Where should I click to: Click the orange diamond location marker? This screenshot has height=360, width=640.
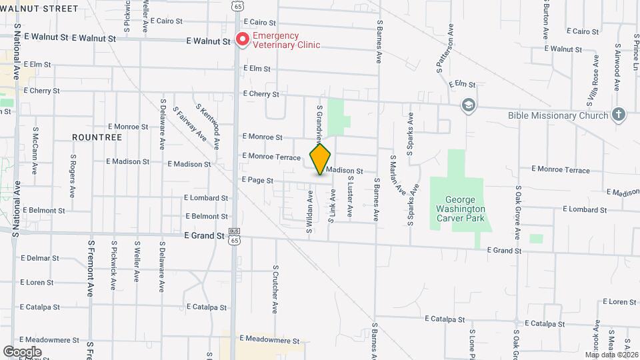(320, 159)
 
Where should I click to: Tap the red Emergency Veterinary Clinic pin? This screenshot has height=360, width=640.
(243, 40)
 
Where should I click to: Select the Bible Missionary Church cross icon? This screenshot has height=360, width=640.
(619, 115)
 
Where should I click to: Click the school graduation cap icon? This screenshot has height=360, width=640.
(469, 105)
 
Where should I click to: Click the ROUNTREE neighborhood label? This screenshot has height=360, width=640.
(97, 137)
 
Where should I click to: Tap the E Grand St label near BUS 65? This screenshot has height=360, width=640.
(204, 236)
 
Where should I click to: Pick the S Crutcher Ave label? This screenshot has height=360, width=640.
(275, 289)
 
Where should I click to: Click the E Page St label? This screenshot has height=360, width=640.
(253, 180)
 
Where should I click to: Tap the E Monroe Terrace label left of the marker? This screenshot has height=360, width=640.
(271, 156)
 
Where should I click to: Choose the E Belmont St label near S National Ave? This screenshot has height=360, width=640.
(43, 210)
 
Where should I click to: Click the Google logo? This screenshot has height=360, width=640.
(22, 352)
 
